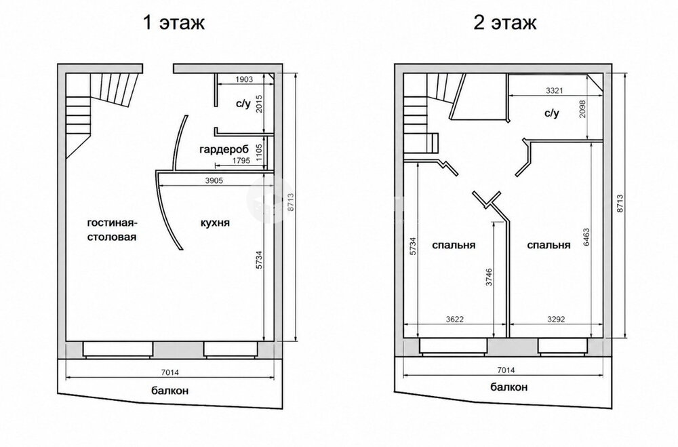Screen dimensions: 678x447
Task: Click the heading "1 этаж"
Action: tap(174, 22)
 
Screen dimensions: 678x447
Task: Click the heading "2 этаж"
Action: tap(505, 22)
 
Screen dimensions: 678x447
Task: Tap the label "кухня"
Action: tap(215, 223)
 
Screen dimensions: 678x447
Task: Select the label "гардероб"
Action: tap(224, 150)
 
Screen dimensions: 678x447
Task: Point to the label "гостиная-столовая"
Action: tap(113, 230)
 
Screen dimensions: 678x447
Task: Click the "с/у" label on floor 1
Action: tap(243, 104)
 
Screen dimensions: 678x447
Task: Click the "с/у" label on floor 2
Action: tap(551, 113)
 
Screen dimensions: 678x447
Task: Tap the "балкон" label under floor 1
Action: tap(170, 391)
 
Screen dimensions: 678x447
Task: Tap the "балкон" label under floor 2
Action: tap(509, 387)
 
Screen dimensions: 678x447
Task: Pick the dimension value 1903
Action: tap(244, 79)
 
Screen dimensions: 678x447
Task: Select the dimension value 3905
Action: tap(214, 180)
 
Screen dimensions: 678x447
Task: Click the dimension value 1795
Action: tap(241, 161)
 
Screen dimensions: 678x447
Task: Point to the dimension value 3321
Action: tap(555, 90)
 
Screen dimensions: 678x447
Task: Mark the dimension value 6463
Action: tap(586, 237)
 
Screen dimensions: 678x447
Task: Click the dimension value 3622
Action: tap(454, 319)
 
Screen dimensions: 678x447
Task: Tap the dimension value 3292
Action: tap(556, 319)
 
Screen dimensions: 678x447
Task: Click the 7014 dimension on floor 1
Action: tap(169, 372)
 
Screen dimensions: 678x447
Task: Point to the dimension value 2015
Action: tap(259, 104)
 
